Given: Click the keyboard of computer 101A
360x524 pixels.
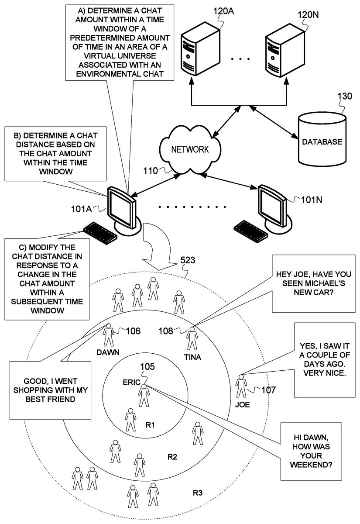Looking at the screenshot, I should point(99,232).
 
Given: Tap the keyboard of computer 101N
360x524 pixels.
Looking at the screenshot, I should point(252,231).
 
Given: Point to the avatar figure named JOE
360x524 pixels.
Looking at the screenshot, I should point(241,386).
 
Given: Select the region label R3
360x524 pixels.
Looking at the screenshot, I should point(197,493).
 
